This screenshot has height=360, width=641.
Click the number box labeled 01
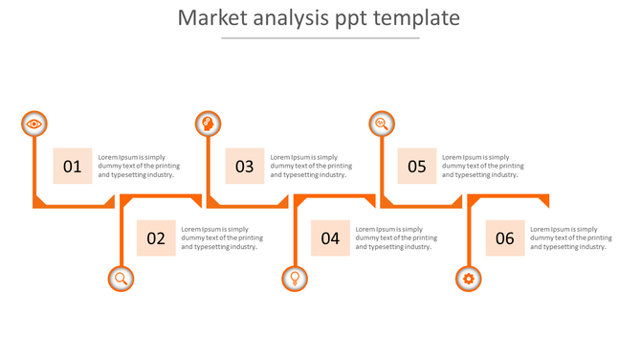pos(73,167)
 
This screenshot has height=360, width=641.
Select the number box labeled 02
pos(156,238)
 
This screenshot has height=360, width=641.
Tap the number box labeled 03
pos(245,167)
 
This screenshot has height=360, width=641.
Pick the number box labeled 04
pos(330,238)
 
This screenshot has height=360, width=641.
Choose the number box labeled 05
pos(417,167)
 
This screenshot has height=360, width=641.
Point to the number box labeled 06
pos(505,238)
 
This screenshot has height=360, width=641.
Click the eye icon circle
pos(34,124)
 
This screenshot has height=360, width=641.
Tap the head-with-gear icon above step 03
pos(208,124)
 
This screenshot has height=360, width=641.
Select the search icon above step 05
pos(382,124)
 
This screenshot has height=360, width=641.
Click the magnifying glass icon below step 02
pos(121,279)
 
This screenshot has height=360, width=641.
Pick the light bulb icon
pos(295,279)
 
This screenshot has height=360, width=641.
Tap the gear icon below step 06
pos(468,279)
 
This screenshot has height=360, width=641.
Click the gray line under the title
pos(320,38)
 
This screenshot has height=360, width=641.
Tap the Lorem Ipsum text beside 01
pos(139,167)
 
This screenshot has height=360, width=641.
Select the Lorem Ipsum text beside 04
pos(396,238)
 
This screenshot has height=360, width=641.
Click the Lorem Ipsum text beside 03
pos(311,167)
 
